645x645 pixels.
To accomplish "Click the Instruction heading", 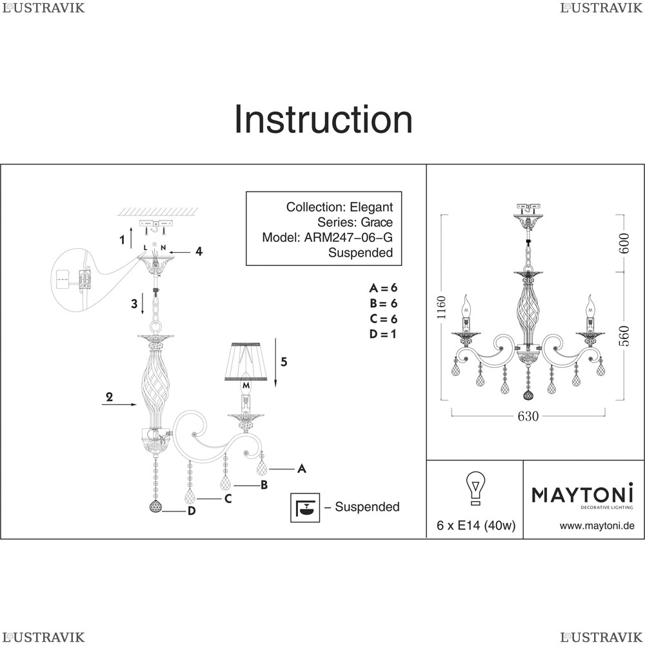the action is pos(323,119).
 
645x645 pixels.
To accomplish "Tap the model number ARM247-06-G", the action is pos(348,237).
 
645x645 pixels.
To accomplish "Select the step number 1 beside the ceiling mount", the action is pos(122,240).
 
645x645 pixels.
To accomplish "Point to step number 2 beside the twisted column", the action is pos(109,397).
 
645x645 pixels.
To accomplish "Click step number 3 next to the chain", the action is pos(134,304).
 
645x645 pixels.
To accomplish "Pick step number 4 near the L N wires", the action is pos(199,252).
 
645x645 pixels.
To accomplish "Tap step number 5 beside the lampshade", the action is pos(284,362).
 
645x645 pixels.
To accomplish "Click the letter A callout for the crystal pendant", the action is pos(301,468).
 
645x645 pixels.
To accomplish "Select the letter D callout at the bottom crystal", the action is pos(192,511).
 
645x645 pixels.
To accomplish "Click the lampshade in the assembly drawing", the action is pos(246,361).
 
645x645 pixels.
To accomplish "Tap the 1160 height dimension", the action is pos(441,307).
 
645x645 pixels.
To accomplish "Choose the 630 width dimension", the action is pos(528,416).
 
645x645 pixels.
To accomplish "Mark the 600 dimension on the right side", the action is pos(624,243).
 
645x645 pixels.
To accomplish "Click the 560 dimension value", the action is pos(624,335).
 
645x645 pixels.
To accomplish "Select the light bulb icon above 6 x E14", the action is pos(475,488).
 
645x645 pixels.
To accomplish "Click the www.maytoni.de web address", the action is pos(597,526).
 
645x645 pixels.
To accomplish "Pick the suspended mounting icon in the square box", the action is pos(305,508).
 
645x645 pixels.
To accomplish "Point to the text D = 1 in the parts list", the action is pos(383,334).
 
